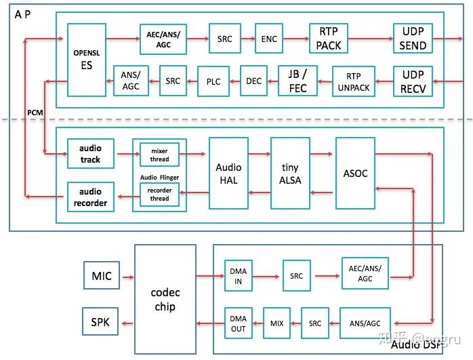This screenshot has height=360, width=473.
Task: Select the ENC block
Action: point(269,39)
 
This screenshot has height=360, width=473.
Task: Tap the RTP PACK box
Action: point(328,39)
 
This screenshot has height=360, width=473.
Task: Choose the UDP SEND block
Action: point(413,39)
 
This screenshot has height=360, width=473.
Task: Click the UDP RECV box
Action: point(413,81)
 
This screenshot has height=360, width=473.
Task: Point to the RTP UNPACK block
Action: point(354,81)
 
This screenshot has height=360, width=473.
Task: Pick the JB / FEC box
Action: point(297,81)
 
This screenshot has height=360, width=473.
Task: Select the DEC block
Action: point(253,81)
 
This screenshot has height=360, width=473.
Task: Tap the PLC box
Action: point(213,81)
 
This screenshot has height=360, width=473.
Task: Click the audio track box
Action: point(90,154)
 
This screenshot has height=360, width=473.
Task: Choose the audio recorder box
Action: point(90,197)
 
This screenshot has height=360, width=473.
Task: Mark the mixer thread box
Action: point(159,154)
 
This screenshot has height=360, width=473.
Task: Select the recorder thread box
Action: point(159,195)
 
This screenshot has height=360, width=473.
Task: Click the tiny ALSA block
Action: point(290,173)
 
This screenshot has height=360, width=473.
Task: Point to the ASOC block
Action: point(355,173)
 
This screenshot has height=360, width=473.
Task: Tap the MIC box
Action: point(101,276)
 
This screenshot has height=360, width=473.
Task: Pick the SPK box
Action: point(100,321)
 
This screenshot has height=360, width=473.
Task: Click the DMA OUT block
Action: point(239,323)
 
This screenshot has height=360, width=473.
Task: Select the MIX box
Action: point(276,323)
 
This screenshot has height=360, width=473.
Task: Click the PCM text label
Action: point(35,112)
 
